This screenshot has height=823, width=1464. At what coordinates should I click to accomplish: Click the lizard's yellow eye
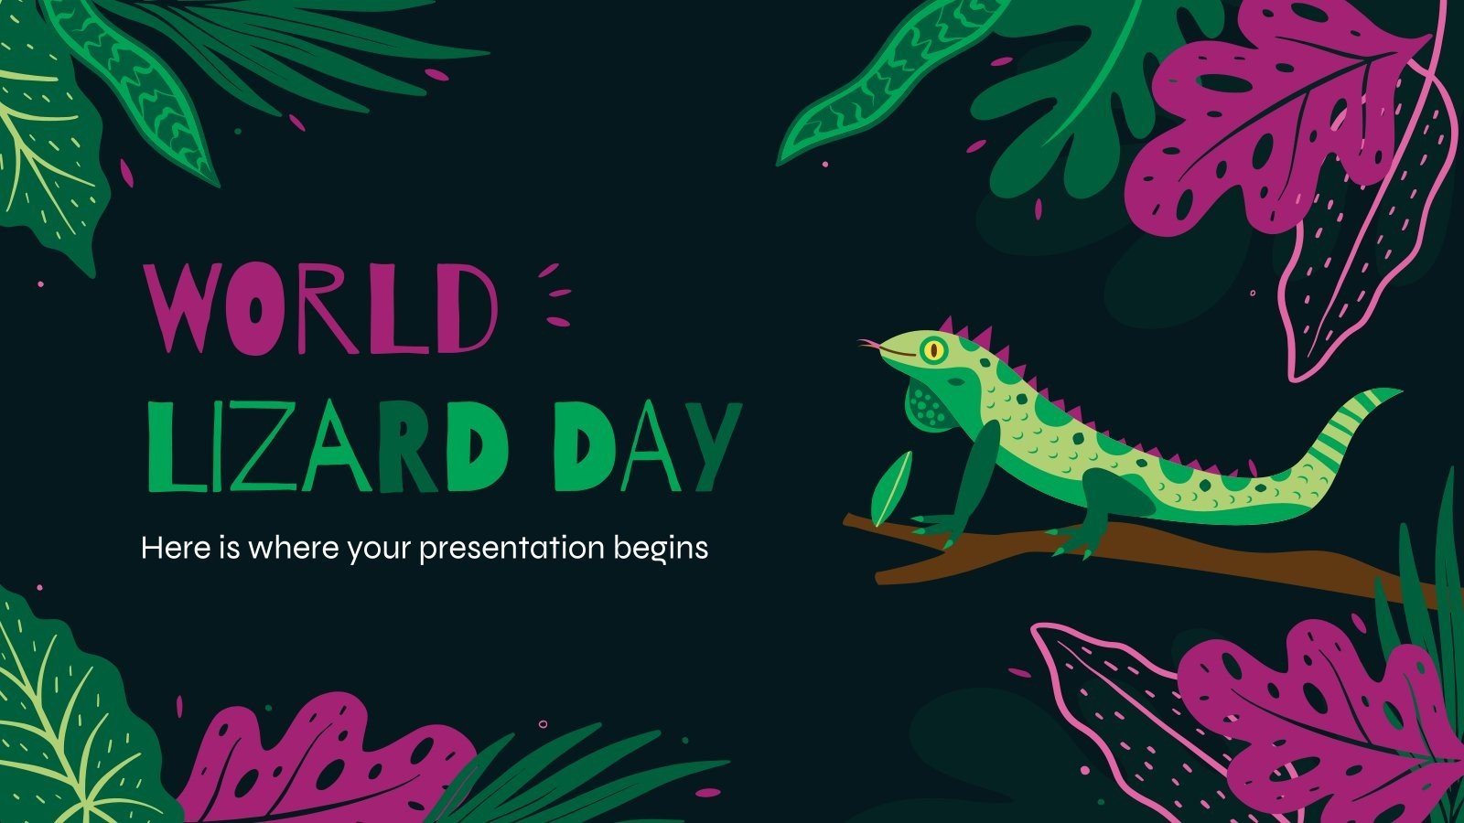(933, 348)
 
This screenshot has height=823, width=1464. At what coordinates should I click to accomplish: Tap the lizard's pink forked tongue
(867, 345)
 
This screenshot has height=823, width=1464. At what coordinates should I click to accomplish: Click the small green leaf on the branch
(891, 487)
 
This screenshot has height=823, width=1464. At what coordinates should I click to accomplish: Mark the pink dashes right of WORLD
(554, 294)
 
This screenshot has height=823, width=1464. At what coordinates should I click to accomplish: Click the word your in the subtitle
(377, 550)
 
